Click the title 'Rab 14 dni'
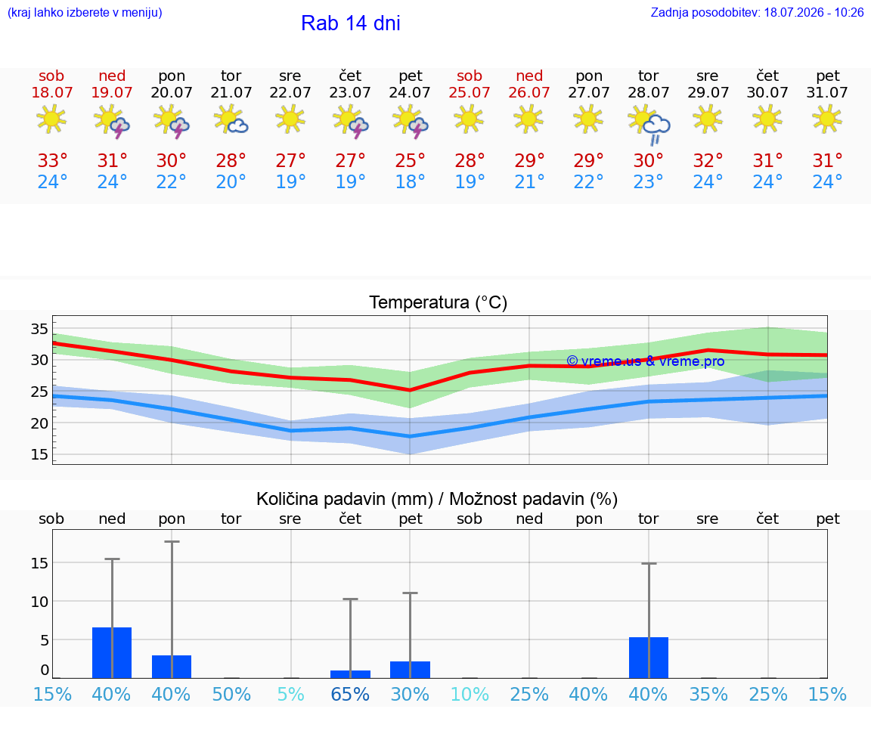[351, 23]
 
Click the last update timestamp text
[757, 12]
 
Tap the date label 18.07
[51, 92]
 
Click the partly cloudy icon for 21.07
[231, 120]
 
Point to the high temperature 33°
[52, 160]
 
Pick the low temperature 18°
[410, 181]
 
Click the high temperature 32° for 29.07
[708, 160]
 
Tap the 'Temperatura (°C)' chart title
[439, 302]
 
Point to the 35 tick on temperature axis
[39, 329]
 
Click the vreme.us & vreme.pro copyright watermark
[646, 361]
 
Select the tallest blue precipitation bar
[112, 652]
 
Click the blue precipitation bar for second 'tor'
[649, 658]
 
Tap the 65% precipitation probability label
[350, 694]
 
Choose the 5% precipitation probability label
[290, 694]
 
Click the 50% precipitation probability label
[231, 694]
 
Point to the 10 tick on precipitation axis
[39, 602]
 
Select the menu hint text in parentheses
[85, 12]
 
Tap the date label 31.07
[827, 92]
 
